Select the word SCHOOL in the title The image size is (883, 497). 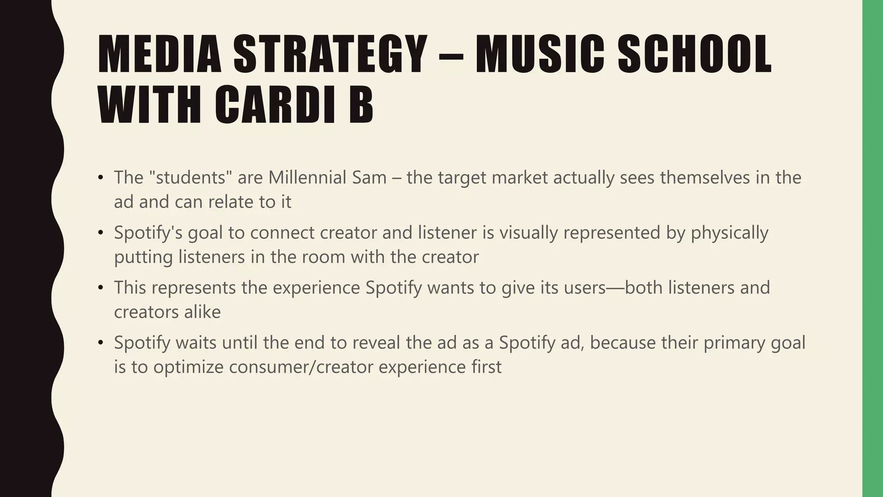(695, 54)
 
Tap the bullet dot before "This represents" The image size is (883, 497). (101, 288)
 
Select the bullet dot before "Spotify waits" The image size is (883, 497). (101, 343)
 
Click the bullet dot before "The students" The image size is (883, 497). (101, 178)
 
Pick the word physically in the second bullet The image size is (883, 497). (730, 233)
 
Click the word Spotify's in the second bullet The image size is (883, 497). (148, 233)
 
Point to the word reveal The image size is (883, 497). (379, 343)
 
